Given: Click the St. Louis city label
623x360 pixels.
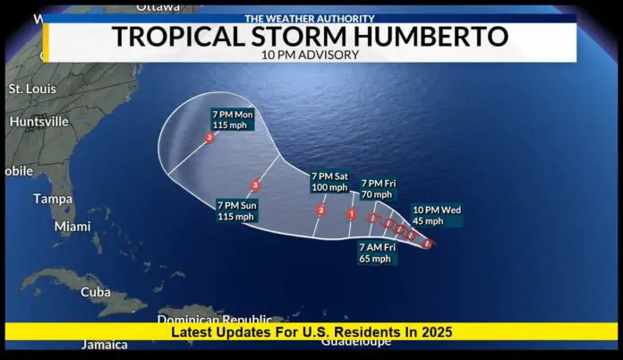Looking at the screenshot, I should click(x=32, y=90).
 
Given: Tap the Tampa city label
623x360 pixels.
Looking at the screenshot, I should click(x=53, y=199).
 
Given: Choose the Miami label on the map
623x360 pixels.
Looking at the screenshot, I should click(x=73, y=227).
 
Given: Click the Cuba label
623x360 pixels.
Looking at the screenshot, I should click(x=96, y=292).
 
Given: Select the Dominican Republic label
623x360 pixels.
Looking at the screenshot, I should click(x=215, y=319).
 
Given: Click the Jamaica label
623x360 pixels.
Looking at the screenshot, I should click(x=104, y=345).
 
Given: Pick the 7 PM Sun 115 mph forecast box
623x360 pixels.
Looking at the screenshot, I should click(x=236, y=210).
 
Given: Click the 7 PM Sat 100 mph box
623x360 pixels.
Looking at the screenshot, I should click(x=329, y=182).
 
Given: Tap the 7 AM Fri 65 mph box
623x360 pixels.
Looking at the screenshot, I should click(x=375, y=253).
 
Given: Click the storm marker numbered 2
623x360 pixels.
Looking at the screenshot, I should click(x=321, y=210).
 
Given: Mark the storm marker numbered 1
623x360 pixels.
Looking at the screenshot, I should click(x=352, y=214).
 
